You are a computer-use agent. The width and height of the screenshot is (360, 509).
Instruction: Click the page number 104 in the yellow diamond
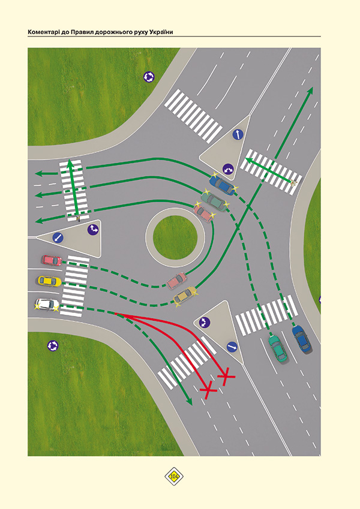pyautogui.click(x=174, y=477)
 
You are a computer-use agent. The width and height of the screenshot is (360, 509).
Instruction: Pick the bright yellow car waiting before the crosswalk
pyautogui.click(x=49, y=281)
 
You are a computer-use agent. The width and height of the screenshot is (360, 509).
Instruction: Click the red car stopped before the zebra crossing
pyautogui.click(x=52, y=260)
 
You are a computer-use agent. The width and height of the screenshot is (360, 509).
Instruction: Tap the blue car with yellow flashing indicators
pyautogui.click(x=223, y=185)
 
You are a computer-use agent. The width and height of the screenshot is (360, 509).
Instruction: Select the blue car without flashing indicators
pyautogui.click(x=301, y=339)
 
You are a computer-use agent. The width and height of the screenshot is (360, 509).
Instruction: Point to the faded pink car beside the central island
pyautogui.click(x=177, y=281)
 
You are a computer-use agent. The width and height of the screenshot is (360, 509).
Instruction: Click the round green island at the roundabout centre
pyautogui.click(x=175, y=237)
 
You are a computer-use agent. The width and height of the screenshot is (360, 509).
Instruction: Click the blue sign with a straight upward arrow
pyautogui.click(x=238, y=134)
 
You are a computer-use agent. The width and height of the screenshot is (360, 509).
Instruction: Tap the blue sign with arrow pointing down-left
pyautogui.click(x=58, y=238)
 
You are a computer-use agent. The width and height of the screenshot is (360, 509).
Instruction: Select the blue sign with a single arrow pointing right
pyautogui.click(x=232, y=347)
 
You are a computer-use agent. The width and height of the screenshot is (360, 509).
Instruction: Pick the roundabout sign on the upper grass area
pyautogui.click(x=149, y=77)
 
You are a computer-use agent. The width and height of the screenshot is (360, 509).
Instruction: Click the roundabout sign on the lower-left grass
pyautogui.click(x=53, y=346)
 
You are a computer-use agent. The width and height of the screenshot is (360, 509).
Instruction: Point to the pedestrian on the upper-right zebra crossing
pyautogui.click(x=294, y=183)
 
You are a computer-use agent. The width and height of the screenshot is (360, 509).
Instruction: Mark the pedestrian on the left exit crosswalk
pyautogui.click(x=78, y=218)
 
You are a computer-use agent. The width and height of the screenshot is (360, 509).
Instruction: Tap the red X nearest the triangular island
pyautogui.click(x=226, y=377)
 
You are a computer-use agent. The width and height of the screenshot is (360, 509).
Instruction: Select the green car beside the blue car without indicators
pyautogui.click(x=278, y=349)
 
